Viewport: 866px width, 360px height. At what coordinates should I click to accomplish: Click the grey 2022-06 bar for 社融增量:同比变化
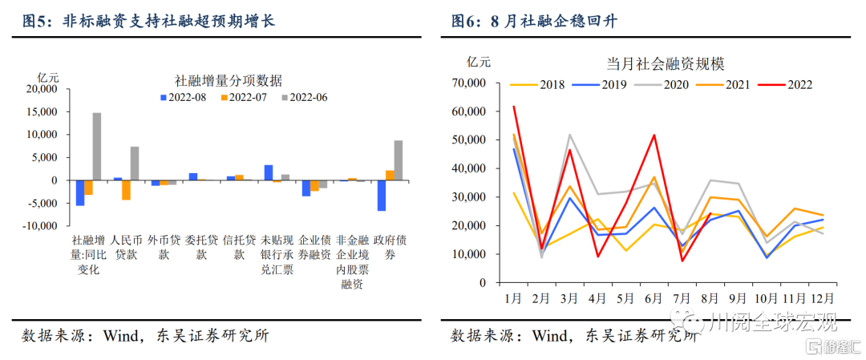(96, 147)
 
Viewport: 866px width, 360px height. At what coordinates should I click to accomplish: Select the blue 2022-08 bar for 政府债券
(382, 196)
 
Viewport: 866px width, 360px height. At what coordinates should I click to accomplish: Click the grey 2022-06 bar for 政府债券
(399, 160)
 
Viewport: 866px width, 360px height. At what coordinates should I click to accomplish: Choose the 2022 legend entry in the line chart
(790, 84)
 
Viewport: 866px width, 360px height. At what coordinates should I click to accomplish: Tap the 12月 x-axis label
(824, 298)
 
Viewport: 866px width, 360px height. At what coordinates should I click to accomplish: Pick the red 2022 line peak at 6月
(654, 135)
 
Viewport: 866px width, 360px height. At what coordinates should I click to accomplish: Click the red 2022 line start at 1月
(514, 107)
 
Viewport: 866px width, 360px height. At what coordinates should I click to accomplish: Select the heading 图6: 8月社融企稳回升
(538, 20)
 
